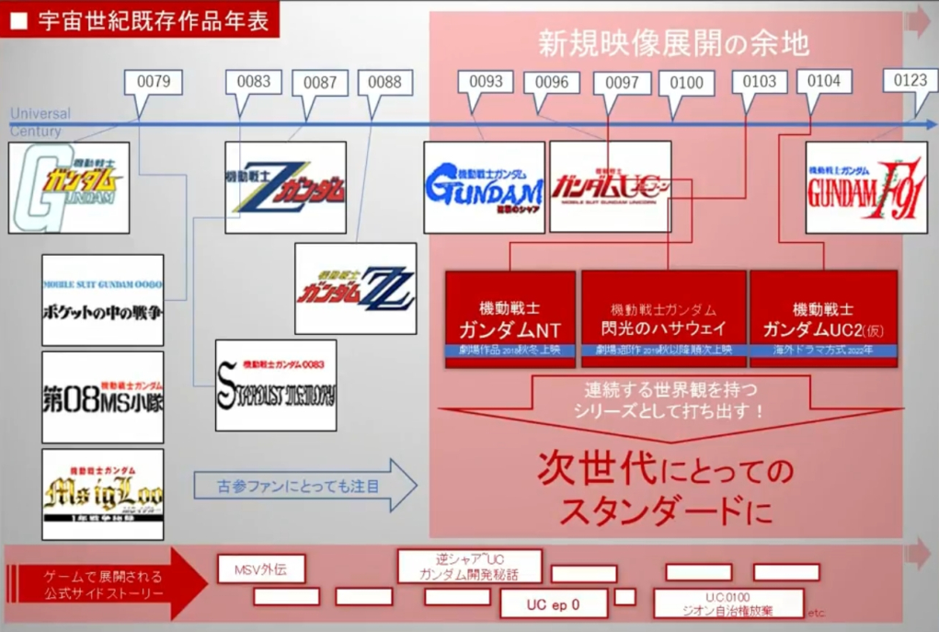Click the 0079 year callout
[x=153, y=82]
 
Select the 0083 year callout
[x=253, y=82]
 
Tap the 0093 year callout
[x=486, y=82]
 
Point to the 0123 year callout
[x=910, y=81]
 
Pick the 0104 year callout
[x=823, y=82]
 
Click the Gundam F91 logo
[x=865, y=187]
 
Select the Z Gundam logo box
[x=285, y=187]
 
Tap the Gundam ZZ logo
[x=355, y=288]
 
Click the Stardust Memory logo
[x=275, y=385]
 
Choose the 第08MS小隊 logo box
[x=102, y=396]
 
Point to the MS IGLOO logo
[x=102, y=493]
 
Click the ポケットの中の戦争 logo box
[x=102, y=300]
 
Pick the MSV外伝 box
[x=261, y=569]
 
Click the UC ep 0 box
[x=553, y=603]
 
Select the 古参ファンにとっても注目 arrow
[x=303, y=486]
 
